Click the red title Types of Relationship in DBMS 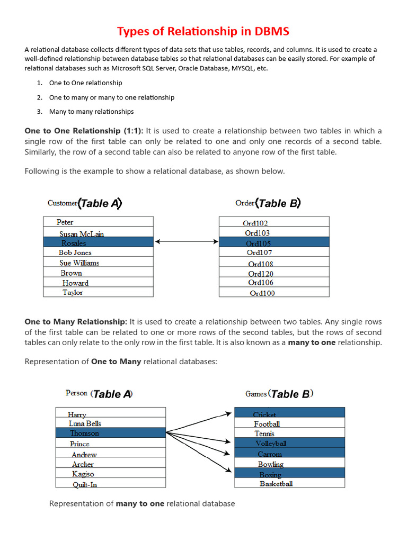203,31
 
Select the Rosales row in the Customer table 98,242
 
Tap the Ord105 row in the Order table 273,242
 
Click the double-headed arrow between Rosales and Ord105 186,242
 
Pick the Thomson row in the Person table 110,433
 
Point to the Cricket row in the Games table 289,413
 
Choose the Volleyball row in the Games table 289,443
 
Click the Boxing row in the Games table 289,474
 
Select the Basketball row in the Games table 289,483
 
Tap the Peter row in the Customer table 98,222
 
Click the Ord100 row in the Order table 273,292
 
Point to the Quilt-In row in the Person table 110,484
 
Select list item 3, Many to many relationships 91,112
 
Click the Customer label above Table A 63,203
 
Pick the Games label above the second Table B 256,394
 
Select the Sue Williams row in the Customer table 98,263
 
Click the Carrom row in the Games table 289,454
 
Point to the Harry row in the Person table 110,413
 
